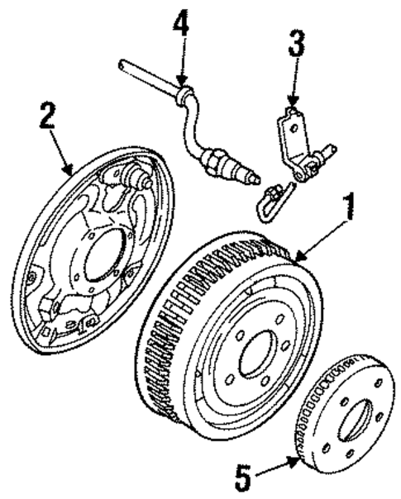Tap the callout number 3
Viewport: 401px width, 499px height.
[x=294, y=46]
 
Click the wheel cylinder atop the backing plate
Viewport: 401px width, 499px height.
[x=132, y=176]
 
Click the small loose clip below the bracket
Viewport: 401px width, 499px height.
[x=270, y=198]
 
